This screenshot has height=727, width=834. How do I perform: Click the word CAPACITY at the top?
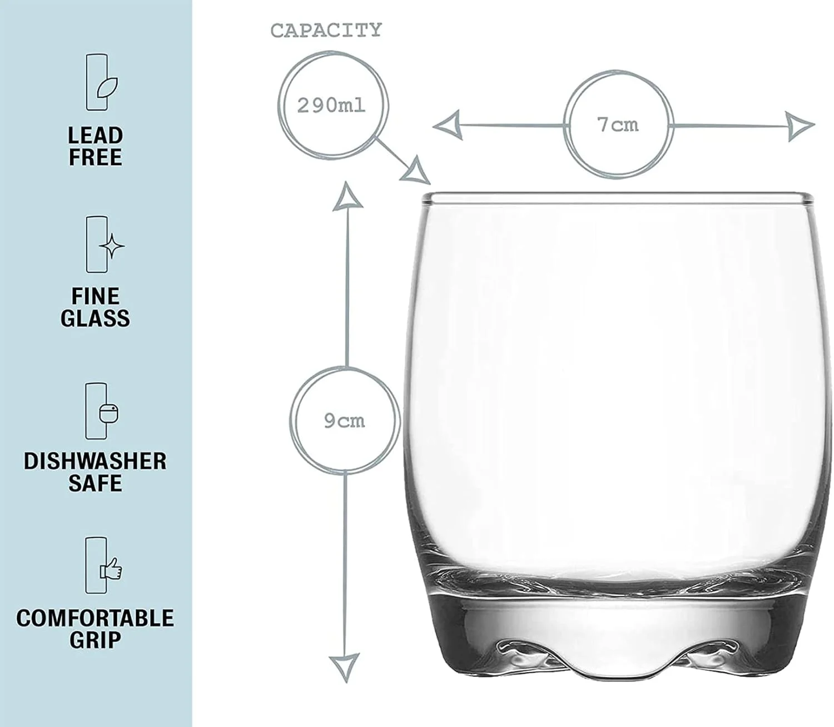(326, 31)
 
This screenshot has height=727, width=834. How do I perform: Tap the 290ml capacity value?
(331, 106)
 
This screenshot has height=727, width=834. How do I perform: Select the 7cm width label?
(618, 125)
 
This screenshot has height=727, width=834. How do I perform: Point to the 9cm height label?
(345, 421)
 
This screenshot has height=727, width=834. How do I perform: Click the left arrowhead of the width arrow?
(448, 125)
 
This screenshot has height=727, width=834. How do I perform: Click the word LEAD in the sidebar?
(96, 136)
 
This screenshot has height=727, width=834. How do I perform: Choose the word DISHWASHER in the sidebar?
(96, 461)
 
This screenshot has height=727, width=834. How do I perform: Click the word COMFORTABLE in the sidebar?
(96, 618)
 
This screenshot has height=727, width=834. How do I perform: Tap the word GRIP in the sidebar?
(96, 640)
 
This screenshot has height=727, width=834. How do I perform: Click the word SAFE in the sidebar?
(96, 483)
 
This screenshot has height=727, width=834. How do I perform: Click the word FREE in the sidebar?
(96, 157)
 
